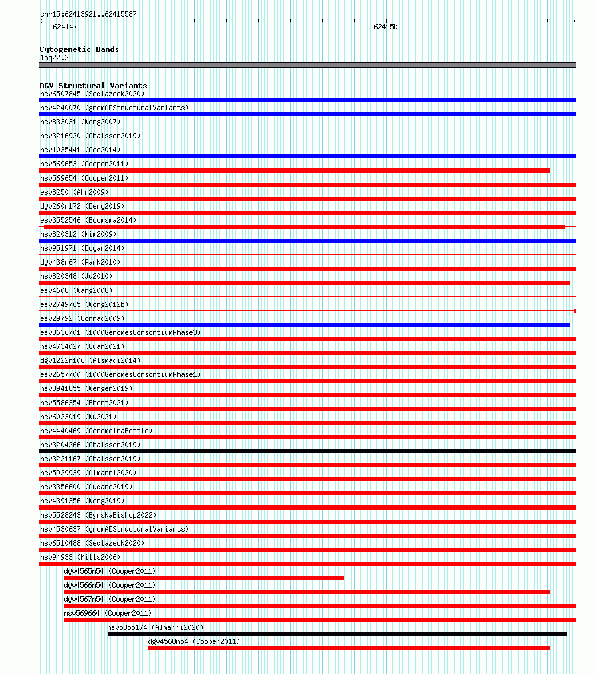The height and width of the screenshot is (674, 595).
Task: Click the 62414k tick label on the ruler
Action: tap(65, 27)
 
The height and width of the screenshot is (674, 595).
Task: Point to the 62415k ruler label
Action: tap(386, 27)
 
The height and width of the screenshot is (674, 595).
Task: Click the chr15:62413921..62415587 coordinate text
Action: tap(88, 14)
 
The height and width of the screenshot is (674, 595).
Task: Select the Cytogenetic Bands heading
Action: tap(79, 49)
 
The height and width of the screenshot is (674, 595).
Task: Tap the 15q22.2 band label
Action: tap(54, 58)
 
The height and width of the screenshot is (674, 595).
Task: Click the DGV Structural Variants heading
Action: tap(93, 86)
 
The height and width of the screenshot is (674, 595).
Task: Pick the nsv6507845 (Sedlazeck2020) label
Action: tap(92, 94)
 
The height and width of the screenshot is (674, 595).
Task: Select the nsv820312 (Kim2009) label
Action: tap(78, 234)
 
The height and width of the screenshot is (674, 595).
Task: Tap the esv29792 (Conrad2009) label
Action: tap(82, 318)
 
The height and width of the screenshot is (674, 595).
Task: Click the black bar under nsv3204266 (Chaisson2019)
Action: tap(308, 451)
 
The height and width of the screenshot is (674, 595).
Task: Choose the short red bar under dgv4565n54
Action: tap(204, 578)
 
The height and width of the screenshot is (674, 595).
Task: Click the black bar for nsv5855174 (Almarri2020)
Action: tap(337, 634)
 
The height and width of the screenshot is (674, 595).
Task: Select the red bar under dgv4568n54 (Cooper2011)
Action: tap(348, 648)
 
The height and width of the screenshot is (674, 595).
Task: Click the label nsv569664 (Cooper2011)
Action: tap(108, 613)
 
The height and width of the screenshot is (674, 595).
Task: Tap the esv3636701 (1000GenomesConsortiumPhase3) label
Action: tap(120, 332)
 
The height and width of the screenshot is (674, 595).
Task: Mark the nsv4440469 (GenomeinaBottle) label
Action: tap(96, 431)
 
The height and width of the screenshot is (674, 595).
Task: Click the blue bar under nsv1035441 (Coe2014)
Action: tap(308, 156)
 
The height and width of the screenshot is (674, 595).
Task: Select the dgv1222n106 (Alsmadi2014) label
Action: tap(90, 360)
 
